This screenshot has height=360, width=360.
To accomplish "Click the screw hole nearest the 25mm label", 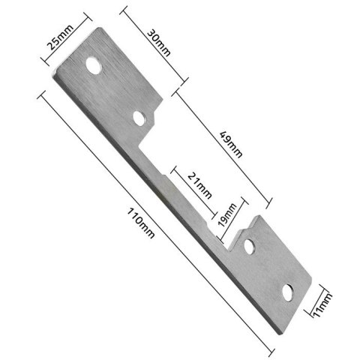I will pos(94,67).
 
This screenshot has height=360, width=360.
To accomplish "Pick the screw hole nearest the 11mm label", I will pos(288,291).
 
